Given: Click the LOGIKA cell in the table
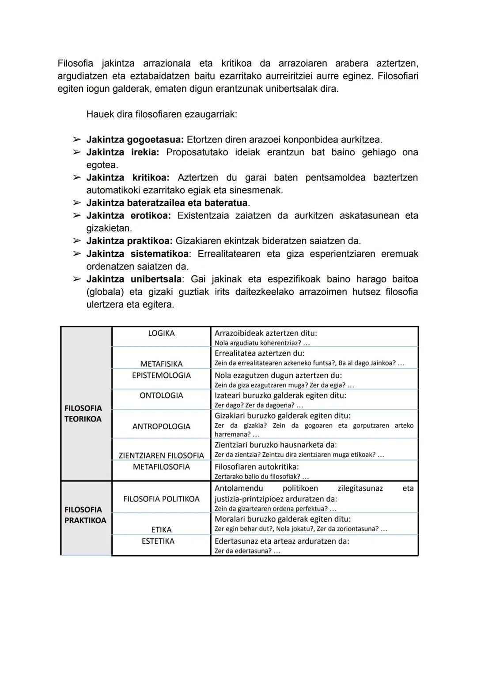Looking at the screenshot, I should (x=161, y=334).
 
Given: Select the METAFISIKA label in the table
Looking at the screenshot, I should (x=161, y=364).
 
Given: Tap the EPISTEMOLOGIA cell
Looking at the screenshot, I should (x=161, y=376).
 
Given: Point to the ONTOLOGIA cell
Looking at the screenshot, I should (x=161, y=396).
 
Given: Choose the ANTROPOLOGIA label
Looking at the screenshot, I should (x=161, y=427).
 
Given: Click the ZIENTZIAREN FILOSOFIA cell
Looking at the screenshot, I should (x=161, y=455).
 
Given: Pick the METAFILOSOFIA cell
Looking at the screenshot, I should (x=161, y=467).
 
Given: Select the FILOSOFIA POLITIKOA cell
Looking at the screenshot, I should (x=161, y=499).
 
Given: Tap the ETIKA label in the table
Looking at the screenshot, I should (x=161, y=530).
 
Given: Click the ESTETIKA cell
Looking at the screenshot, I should (x=158, y=541).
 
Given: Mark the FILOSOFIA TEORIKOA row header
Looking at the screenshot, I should (x=83, y=414).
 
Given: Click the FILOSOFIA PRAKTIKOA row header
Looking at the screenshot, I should (x=85, y=515).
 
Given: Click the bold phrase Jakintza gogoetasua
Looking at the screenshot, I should (x=135, y=140).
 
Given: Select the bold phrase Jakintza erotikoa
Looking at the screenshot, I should (x=128, y=216).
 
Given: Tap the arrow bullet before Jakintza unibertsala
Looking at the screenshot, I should (x=77, y=279).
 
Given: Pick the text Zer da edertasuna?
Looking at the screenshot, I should (x=243, y=551).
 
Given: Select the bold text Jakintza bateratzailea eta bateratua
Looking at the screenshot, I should (x=167, y=203).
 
